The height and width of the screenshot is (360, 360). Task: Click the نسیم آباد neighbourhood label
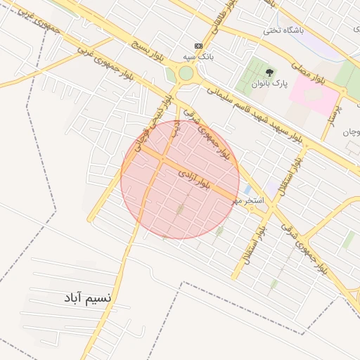(x=86, y=298)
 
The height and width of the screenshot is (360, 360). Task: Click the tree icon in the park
(x=270, y=71)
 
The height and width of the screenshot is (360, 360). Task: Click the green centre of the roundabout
(x=185, y=73)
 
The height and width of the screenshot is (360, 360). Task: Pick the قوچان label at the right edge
(x=352, y=132)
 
